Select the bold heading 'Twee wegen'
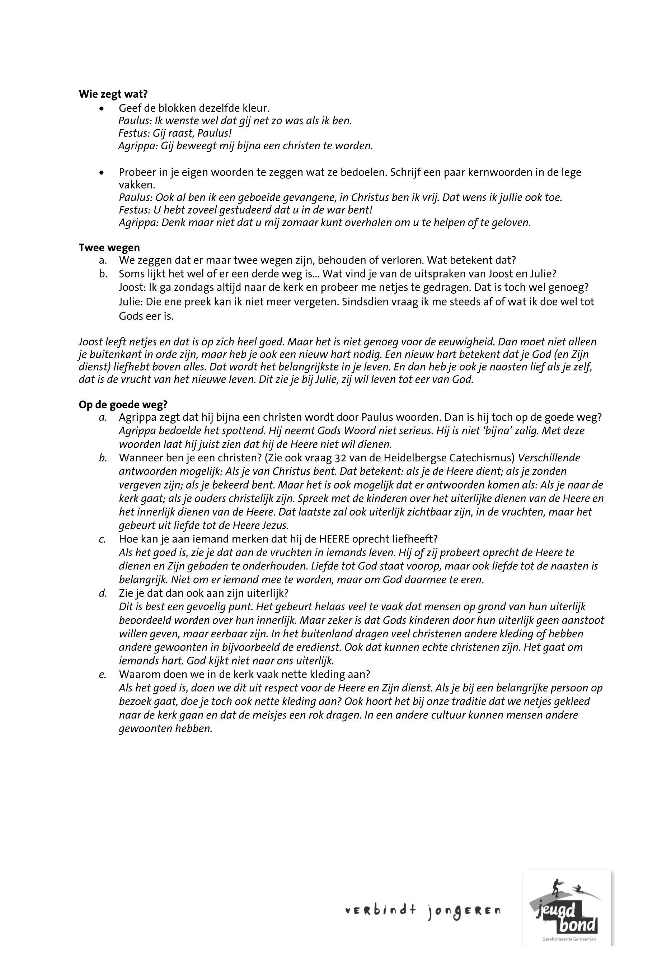(109, 248)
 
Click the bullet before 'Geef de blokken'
(101, 109)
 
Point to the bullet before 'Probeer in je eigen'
(101, 173)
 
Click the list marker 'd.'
(103, 593)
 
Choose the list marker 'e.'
(103, 675)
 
